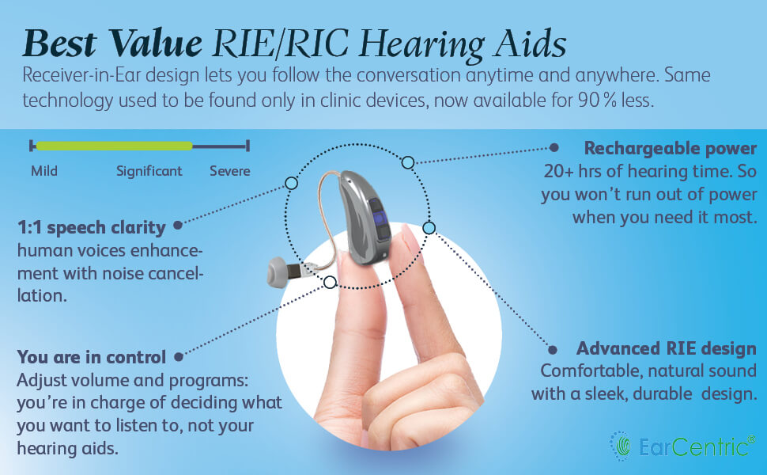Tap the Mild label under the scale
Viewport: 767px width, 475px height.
click(x=44, y=171)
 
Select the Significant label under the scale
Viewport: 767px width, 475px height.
click(x=149, y=171)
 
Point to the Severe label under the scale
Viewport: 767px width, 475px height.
click(x=229, y=171)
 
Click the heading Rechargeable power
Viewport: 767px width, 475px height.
click(x=671, y=149)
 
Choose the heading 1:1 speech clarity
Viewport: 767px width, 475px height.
click(x=92, y=228)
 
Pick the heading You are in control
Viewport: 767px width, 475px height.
click(x=92, y=357)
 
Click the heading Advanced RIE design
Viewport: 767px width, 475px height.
click(x=667, y=349)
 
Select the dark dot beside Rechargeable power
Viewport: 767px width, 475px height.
click(x=554, y=148)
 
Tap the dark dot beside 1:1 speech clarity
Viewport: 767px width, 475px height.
click(x=178, y=226)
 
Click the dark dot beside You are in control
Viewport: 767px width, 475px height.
click(x=178, y=357)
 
